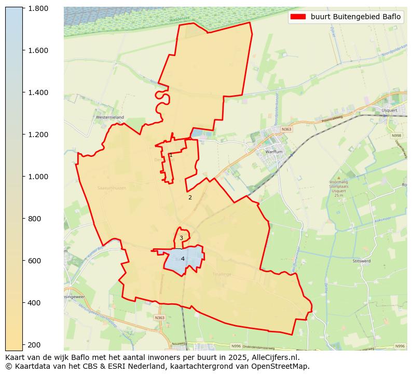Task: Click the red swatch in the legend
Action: [298, 17]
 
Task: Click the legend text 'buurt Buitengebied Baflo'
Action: [355, 17]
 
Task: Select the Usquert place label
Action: [389, 110]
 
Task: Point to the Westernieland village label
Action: [109, 117]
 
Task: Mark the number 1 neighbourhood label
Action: [171, 155]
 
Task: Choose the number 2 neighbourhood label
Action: [190, 197]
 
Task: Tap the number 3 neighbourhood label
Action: [181, 238]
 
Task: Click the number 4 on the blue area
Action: [183, 259]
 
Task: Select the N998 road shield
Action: [396, 136]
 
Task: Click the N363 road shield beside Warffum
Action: [286, 129]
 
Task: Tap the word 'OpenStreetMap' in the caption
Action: [284, 366]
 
